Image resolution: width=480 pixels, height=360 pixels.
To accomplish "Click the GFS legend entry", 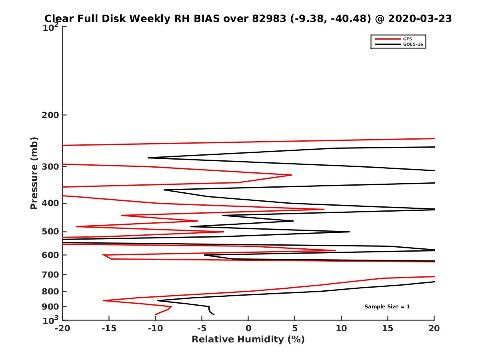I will pos(408,39).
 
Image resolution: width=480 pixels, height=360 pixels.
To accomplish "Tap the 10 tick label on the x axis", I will pos(341,329).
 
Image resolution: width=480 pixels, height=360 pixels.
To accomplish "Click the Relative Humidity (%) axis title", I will pos(248,340).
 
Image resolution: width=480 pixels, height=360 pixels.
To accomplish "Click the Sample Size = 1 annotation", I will pos(387,307).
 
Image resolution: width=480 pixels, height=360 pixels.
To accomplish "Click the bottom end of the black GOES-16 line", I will pos(214,315).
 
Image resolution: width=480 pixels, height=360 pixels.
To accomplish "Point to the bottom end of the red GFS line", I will pos(155,315).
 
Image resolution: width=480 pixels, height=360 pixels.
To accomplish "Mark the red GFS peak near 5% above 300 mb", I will pos(292,175).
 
